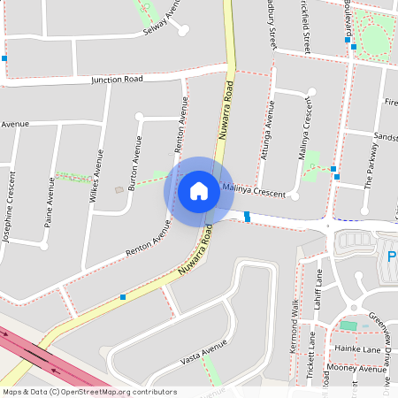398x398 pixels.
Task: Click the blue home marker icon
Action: tap(199, 190)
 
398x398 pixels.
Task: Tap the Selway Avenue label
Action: tap(154, 24)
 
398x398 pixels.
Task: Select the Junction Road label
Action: tap(117, 80)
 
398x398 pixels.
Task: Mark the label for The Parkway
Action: tap(370, 169)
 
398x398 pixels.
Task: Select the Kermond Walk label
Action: tap(295, 326)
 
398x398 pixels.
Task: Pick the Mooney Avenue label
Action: tap(351, 367)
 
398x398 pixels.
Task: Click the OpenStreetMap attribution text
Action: tap(88, 392)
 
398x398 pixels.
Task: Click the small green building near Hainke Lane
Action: tap(348, 326)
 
